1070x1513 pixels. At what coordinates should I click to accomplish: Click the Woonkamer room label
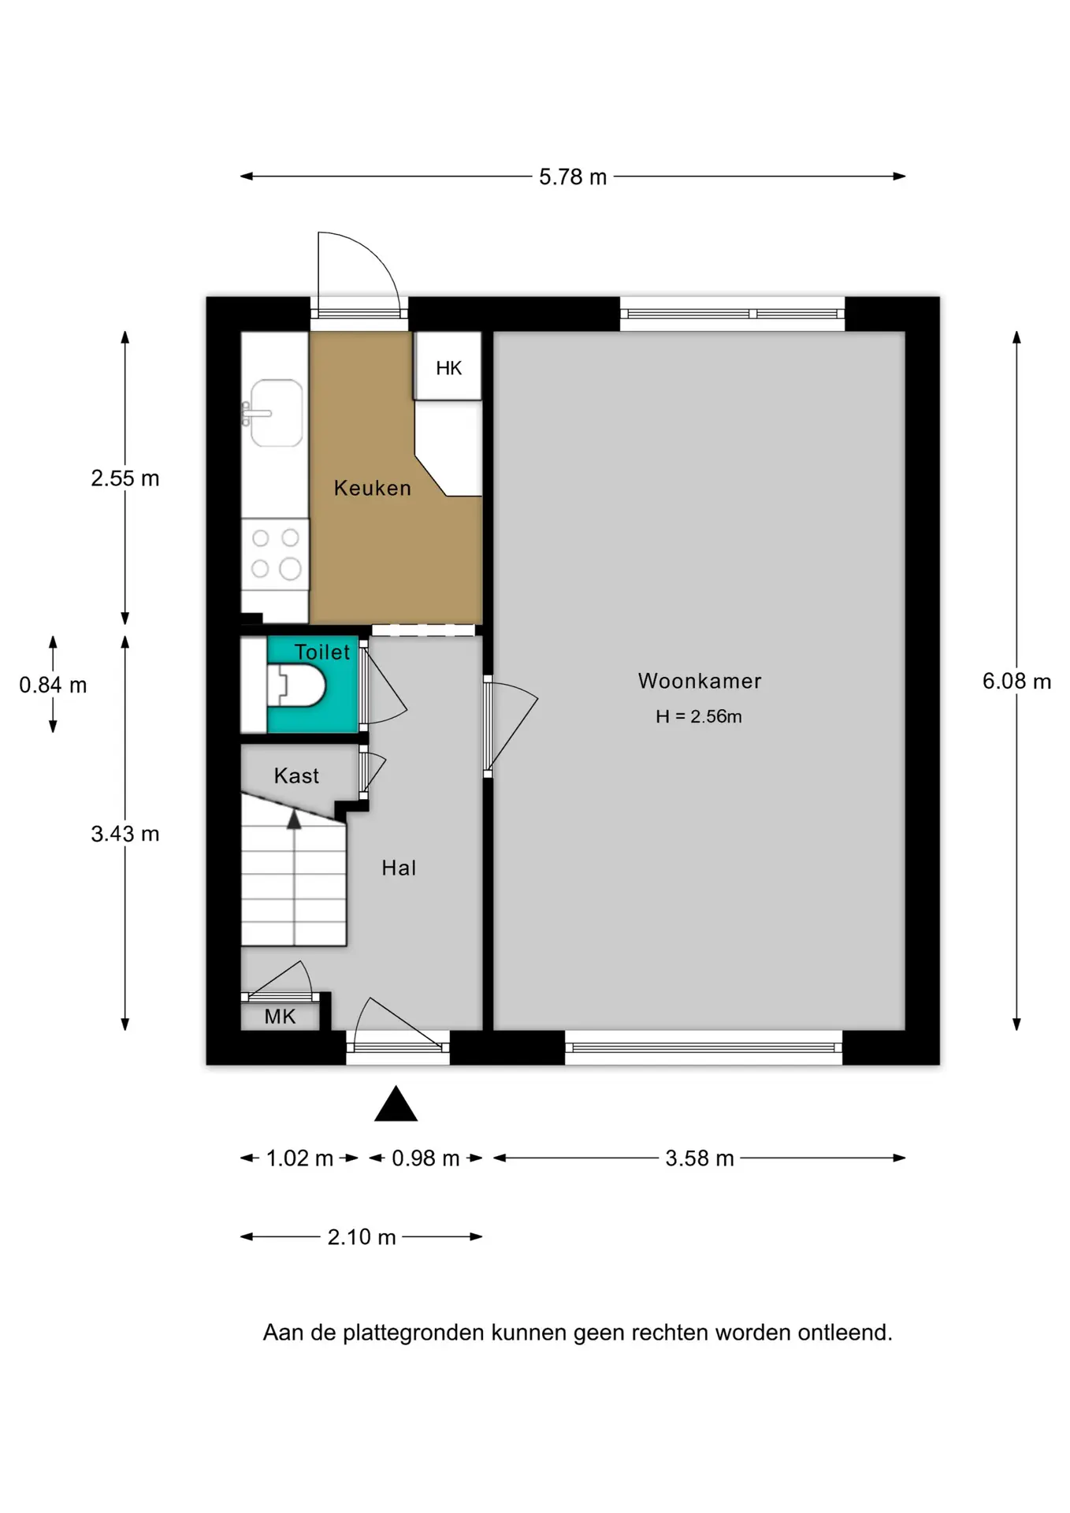(x=700, y=681)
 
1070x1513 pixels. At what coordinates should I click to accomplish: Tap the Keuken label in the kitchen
(x=373, y=488)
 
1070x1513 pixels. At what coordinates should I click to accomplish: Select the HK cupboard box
(x=448, y=366)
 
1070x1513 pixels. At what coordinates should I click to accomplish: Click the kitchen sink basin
(x=277, y=413)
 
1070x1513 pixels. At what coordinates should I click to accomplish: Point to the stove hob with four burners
(x=275, y=554)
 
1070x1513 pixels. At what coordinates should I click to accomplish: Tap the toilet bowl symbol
(x=296, y=686)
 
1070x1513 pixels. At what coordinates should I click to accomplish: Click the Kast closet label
(x=296, y=776)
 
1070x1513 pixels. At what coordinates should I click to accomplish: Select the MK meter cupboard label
(x=280, y=1017)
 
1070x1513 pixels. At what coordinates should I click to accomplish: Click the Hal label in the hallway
(x=399, y=868)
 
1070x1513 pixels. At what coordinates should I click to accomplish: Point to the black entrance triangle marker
(x=396, y=1103)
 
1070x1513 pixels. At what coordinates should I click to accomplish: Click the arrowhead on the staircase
(x=294, y=820)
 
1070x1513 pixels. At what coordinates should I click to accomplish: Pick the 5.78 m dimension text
(x=573, y=177)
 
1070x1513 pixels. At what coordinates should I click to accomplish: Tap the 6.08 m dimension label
(x=1016, y=682)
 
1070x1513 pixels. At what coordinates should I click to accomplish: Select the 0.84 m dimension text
(x=53, y=685)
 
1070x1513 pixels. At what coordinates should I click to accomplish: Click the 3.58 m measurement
(x=700, y=1158)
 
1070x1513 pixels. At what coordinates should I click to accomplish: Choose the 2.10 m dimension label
(x=362, y=1237)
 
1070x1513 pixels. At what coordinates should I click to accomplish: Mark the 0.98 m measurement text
(x=425, y=1158)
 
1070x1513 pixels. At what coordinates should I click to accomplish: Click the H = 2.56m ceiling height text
(x=699, y=716)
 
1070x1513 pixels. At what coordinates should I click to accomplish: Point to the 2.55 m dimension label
(x=125, y=478)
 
